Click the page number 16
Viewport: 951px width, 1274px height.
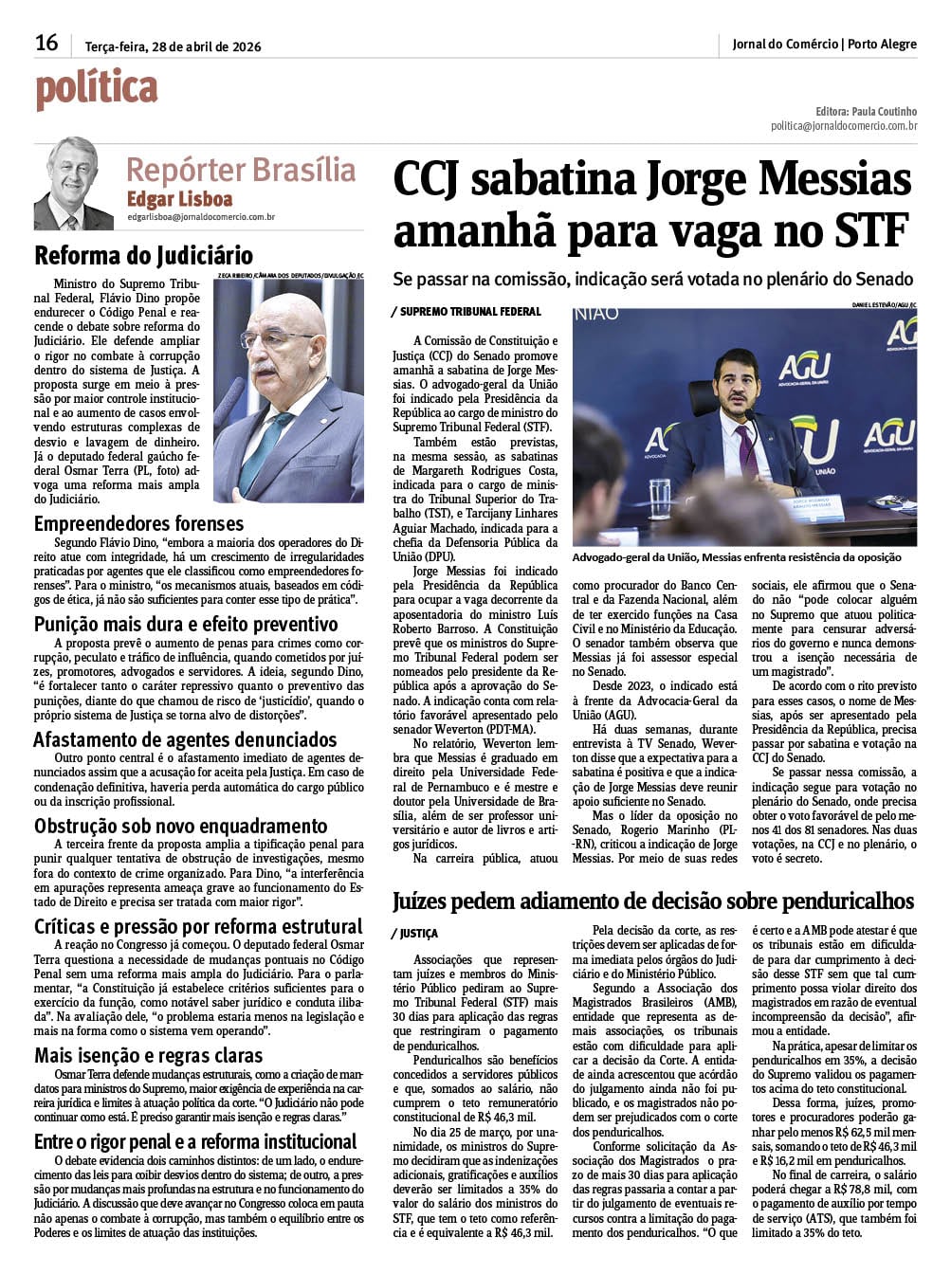46,43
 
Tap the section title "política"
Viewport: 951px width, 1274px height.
97,89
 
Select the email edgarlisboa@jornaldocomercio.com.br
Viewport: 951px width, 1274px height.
201,217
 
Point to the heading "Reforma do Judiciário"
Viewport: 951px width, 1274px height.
143,255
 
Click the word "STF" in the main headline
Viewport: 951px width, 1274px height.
869,230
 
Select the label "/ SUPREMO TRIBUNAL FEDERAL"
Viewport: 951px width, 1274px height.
466,311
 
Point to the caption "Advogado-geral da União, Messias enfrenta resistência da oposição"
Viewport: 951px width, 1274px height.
737,557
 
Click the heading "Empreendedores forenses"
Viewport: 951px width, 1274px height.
138,523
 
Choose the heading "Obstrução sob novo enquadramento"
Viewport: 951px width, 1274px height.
180,826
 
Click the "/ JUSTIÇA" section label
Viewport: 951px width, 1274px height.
414,934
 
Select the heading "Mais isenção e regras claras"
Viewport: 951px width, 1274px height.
148,1055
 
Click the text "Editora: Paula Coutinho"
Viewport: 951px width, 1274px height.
866,111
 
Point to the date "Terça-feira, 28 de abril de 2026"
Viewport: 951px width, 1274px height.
173,46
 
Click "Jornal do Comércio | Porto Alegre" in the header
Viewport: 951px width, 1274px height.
824,44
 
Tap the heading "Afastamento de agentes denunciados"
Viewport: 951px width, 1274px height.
185,739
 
